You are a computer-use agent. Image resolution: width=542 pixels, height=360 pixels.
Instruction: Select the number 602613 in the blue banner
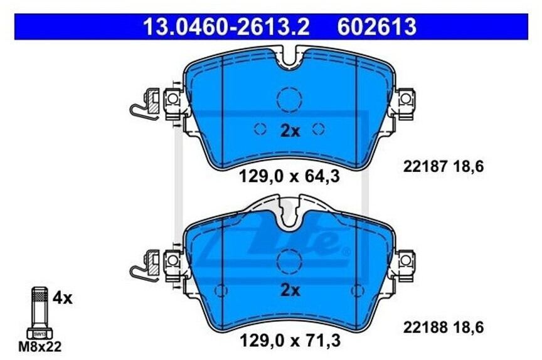376,26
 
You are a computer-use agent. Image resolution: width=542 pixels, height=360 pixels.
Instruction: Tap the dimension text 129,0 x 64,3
289,177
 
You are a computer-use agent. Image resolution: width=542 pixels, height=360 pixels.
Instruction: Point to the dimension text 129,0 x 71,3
289,341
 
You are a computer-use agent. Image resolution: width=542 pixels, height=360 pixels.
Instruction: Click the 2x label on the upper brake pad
290,130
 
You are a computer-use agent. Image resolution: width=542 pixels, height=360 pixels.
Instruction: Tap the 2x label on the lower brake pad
290,290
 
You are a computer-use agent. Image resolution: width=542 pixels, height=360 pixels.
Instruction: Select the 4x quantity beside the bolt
63,298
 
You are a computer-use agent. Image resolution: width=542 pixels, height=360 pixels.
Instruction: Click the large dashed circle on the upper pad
289,99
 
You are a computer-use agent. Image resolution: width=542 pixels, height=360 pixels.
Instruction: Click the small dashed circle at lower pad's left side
221,290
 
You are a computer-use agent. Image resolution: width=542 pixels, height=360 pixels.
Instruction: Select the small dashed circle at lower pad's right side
358,290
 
